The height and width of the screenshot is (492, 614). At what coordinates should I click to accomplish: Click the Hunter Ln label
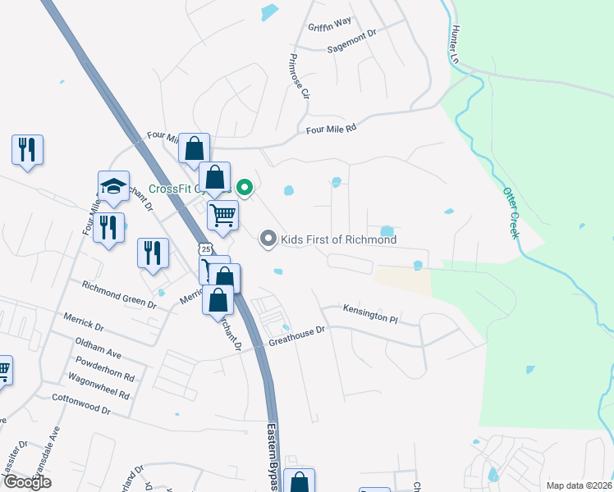[453, 45]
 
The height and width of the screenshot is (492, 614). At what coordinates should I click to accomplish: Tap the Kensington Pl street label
[370, 316]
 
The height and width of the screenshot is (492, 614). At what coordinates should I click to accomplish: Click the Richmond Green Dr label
[118, 294]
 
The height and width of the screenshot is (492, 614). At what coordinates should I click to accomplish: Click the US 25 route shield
[204, 248]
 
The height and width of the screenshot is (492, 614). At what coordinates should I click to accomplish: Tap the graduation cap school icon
[113, 185]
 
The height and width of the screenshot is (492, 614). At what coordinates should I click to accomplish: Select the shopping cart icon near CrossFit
[222, 215]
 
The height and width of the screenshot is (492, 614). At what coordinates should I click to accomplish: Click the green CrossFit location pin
[244, 188]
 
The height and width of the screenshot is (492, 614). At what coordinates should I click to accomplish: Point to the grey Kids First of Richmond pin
[268, 239]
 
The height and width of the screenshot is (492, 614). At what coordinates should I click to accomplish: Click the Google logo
[28, 483]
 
